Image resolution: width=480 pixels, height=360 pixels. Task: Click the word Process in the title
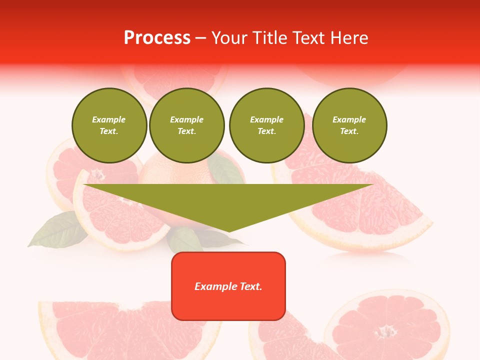(157, 38)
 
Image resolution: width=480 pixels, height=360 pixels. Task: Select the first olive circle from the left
(109, 125)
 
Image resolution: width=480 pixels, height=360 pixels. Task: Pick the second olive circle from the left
(186, 125)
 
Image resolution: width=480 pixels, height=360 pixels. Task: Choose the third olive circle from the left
(266, 125)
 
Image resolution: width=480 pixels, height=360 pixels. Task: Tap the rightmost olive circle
(349, 125)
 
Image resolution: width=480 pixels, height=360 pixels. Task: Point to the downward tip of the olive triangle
(228, 230)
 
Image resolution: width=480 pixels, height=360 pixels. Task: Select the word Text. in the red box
(250, 286)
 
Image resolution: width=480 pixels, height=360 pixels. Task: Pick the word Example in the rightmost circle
(349, 119)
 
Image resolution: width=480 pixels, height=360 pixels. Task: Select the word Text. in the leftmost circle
(109, 131)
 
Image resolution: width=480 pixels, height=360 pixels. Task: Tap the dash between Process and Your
(201, 38)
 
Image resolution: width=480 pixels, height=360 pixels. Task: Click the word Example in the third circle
(266, 119)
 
